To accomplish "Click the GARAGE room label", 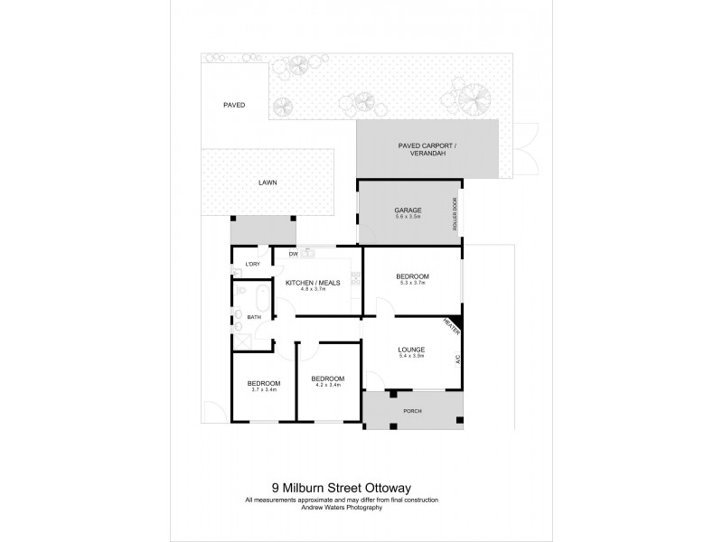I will (x=408, y=210).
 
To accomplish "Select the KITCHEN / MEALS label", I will (x=313, y=283).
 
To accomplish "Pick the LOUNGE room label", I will (x=411, y=350).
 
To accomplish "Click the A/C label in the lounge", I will (x=458, y=359).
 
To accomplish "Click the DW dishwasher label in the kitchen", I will (x=293, y=254).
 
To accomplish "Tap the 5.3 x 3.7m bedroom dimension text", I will (x=411, y=283).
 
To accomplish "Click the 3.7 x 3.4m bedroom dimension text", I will (x=263, y=390).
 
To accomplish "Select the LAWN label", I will (x=268, y=182).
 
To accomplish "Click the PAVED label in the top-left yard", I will (x=234, y=105).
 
